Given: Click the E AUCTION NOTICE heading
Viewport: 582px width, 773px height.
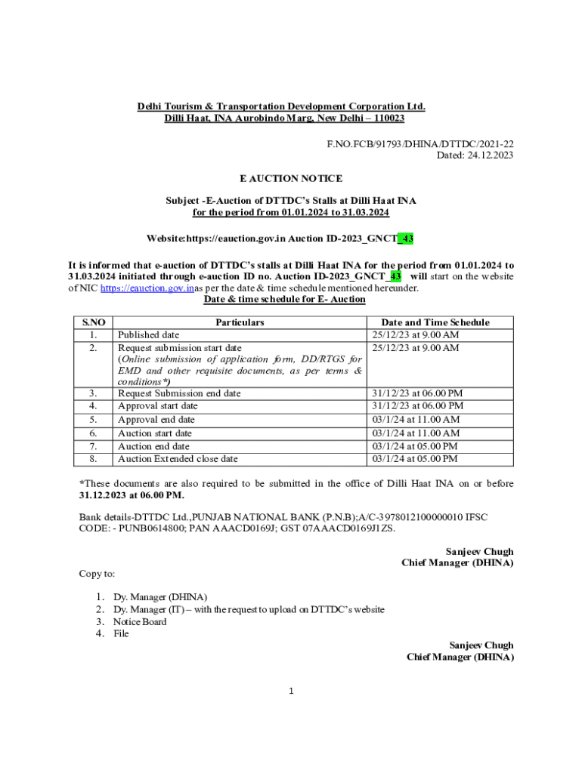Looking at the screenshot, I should tap(291, 179).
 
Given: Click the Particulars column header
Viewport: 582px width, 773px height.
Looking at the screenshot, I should tap(240, 322).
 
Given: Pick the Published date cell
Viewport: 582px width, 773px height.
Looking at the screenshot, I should tap(149, 335).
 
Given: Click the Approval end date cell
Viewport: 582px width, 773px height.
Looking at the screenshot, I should tap(156, 420).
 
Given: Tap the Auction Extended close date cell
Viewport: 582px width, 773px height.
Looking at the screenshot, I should tap(178, 459).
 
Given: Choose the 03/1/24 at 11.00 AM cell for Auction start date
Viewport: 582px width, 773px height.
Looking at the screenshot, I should tap(416, 433).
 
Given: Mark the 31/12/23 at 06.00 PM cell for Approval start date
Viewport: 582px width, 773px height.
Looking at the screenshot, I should tap(417, 406).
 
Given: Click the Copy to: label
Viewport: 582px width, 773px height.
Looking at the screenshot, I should tap(98, 574).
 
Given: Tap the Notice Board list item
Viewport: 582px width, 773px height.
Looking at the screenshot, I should tap(140, 622).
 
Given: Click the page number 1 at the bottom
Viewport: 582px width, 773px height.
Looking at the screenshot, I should tap(291, 691).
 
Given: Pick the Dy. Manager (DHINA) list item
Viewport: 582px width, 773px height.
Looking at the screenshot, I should tap(160, 597).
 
